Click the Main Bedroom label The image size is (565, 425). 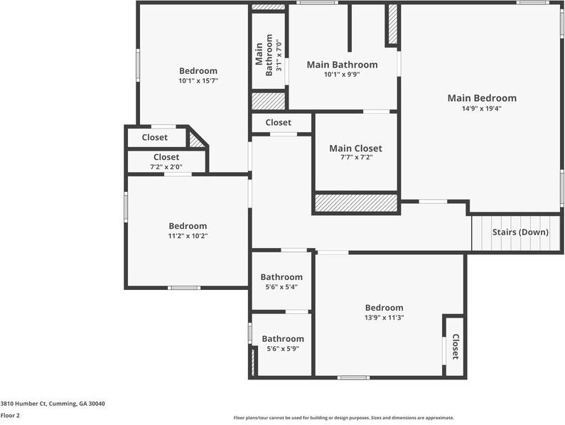(482, 98)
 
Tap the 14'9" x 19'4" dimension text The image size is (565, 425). (482, 108)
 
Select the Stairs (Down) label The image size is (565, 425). (520, 232)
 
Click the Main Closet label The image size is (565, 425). (355, 148)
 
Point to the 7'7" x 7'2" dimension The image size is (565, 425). (355, 157)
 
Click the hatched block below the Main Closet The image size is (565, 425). (356, 203)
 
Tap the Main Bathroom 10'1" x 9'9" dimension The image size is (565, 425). (342, 75)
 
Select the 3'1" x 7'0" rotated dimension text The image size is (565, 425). (278, 55)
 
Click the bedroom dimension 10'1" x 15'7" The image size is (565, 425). (198, 81)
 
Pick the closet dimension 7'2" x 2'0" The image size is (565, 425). (166, 167)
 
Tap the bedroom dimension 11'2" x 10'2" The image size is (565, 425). (188, 236)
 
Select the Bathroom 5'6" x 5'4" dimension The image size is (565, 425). (281, 287)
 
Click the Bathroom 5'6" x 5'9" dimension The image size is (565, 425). (283, 349)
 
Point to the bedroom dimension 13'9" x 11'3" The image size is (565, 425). (384, 318)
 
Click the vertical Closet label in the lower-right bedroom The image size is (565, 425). (456, 346)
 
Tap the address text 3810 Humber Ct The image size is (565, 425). (23, 404)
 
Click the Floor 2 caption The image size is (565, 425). (10, 415)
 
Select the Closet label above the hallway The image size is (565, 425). (278, 122)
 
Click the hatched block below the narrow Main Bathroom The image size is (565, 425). (269, 101)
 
